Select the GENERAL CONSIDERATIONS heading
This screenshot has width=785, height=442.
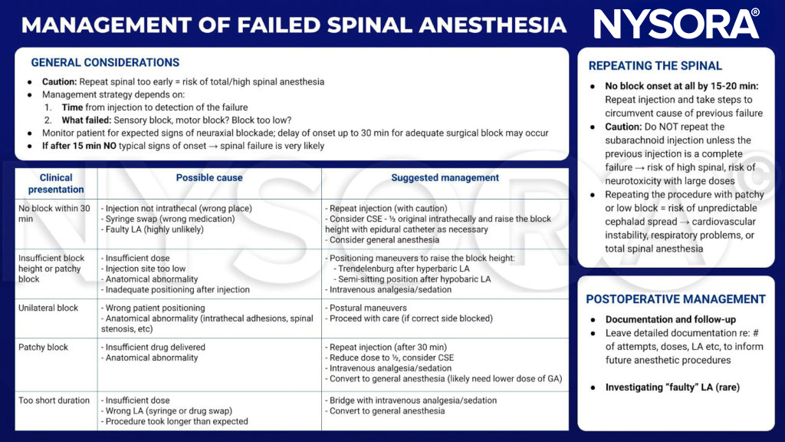pos(105,63)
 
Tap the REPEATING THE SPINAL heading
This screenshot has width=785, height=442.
pos(655,66)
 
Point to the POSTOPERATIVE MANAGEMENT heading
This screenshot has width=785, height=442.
pos(675,299)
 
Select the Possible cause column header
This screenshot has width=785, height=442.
pos(209,178)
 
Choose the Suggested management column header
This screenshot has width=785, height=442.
pos(445,178)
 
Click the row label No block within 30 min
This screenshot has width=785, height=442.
pos(54,214)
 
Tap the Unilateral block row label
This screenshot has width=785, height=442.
pos(48,308)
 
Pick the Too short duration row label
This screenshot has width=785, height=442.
pos(54,401)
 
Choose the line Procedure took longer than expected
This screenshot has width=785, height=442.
pos(176,421)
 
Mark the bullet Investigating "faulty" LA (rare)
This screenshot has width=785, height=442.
pos(672,388)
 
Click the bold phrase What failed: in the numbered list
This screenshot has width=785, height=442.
pos(89,120)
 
